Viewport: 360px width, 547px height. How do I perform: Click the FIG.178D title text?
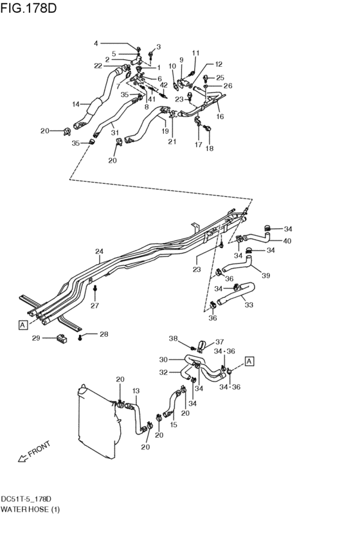pos(28,8)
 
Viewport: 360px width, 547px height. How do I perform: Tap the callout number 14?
pos(76,104)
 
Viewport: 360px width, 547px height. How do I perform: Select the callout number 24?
pos(100,251)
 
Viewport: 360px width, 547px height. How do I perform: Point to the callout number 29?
pos(36,338)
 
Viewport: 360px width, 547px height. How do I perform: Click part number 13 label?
pos(136,391)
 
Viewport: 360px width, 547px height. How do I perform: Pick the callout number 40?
pos(287,240)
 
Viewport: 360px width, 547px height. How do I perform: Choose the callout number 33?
pos(249,305)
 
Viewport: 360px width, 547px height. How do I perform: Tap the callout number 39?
pos(265,276)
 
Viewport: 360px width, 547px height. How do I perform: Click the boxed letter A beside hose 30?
pos(249,362)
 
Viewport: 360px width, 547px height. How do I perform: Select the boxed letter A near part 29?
pos(22,325)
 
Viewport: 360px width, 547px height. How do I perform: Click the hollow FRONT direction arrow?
pos(22,458)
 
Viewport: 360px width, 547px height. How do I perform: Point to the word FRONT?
pos(39,449)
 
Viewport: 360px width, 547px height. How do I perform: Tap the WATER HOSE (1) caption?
pos(30,509)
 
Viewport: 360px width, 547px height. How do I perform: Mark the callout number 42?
pos(163,85)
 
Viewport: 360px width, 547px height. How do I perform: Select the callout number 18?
pos(210,148)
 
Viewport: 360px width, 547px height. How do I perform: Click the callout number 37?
pos(219,342)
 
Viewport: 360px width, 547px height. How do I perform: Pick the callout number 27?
pos(95,305)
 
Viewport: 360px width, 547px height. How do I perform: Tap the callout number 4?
pos(96,43)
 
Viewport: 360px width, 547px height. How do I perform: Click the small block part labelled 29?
pos(62,337)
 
